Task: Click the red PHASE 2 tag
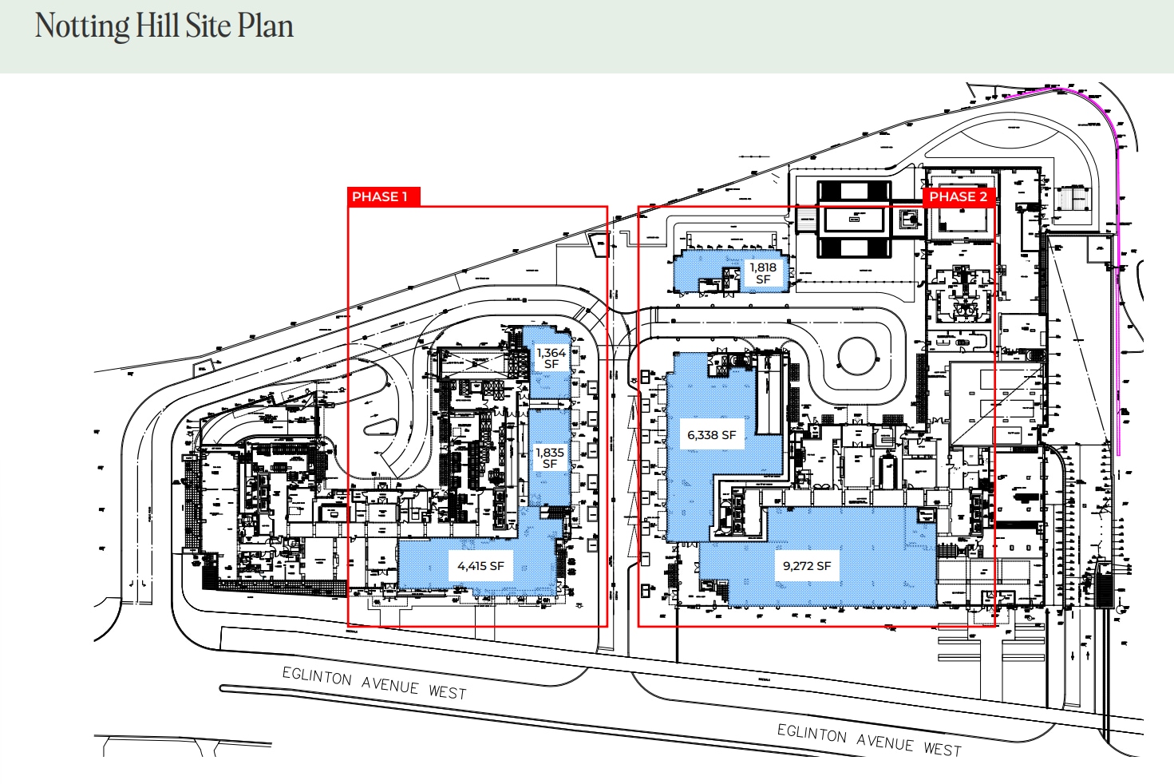[958, 196]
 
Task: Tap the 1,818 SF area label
[763, 273]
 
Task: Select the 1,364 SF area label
[551, 358]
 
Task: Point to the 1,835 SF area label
[550, 457]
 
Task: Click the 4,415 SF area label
[480, 566]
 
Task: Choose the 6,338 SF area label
[711, 435]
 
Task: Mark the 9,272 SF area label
[807, 566]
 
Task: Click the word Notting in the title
[82, 26]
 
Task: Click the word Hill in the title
[157, 26]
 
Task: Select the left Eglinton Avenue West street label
[374, 683]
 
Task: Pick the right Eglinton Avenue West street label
[869, 740]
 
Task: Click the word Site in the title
[208, 26]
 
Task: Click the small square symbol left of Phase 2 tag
[910, 218]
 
